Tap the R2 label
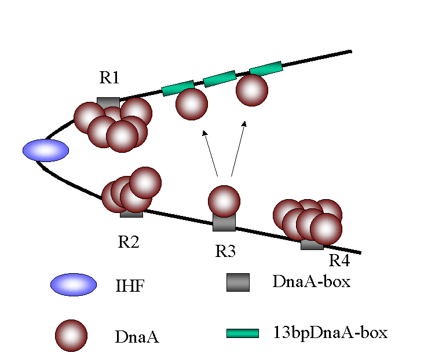129,241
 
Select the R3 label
226,251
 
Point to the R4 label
339,260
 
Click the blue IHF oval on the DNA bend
46,150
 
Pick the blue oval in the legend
74,285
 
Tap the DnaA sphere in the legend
71,336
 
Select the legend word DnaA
137,337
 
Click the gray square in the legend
237,282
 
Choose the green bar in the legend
242,333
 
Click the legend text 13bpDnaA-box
329,333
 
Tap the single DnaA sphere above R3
224,200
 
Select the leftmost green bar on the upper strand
178,88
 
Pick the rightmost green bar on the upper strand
266,68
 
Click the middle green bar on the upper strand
220,79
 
